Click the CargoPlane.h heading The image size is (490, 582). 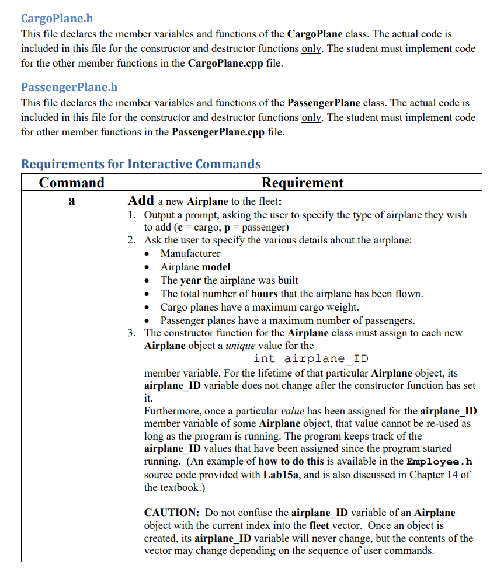click(x=57, y=18)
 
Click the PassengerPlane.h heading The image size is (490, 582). click(x=69, y=87)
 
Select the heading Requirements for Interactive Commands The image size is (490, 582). click(x=141, y=163)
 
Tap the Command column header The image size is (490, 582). click(x=71, y=183)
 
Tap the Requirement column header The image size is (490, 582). click(x=302, y=183)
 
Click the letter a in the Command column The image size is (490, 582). click(x=71, y=201)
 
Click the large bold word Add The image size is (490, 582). click(x=141, y=200)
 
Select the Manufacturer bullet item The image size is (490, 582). click(x=190, y=253)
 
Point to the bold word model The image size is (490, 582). click(x=216, y=267)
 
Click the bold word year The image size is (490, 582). click(x=190, y=280)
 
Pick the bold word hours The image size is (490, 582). click(x=264, y=294)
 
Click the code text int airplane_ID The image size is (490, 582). click(x=311, y=358)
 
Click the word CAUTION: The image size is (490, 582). click(x=172, y=513)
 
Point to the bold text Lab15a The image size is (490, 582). click(x=282, y=474)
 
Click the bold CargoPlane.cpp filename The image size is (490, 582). click(x=225, y=62)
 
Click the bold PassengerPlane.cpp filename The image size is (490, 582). click(x=218, y=132)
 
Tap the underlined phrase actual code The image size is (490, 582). click(x=416, y=34)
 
